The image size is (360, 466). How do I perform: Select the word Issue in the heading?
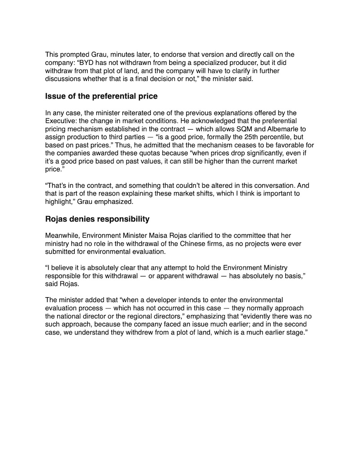[x=56, y=96]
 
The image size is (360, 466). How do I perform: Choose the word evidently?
[x=257, y=316]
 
